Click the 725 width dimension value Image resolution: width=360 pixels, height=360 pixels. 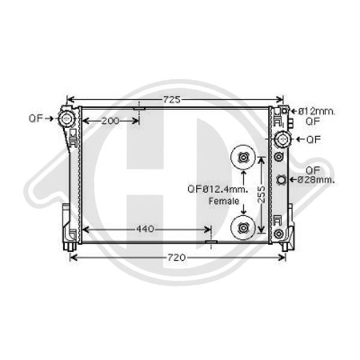click(x=172, y=100)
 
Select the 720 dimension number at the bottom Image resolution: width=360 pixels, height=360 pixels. click(x=176, y=257)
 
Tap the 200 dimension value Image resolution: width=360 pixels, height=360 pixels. click(x=110, y=121)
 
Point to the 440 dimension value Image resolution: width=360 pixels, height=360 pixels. click(x=145, y=229)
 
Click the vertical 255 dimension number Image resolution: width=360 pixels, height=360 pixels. click(x=261, y=194)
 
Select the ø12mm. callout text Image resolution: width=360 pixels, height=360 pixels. click(x=317, y=112)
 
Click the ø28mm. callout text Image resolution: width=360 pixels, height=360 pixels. click(x=316, y=179)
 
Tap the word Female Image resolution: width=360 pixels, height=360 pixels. click(x=224, y=201)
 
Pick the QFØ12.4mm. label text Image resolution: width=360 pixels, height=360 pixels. click(x=218, y=189)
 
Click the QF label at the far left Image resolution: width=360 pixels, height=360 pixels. click(x=36, y=118)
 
